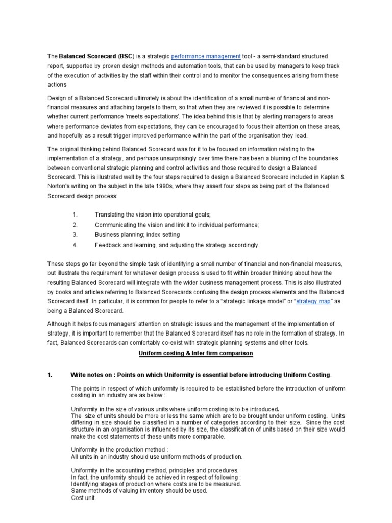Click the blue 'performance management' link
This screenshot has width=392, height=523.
point(206,56)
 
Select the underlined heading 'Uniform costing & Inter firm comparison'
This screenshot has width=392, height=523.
point(196,354)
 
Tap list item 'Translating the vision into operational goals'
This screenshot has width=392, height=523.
point(153,215)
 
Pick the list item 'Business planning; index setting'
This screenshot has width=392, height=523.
point(137,235)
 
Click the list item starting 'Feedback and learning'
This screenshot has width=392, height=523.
point(177,245)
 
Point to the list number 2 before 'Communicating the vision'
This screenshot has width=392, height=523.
point(75,225)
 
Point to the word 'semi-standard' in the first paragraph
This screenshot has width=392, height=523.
point(281,56)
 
